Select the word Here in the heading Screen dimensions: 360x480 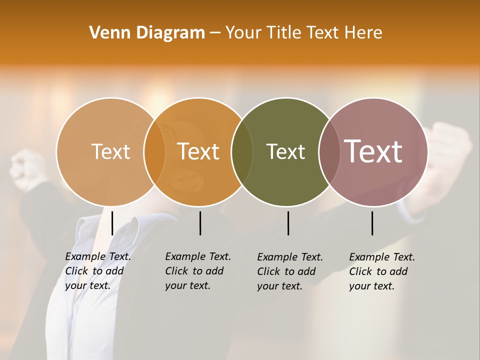364,32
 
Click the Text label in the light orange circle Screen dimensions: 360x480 110,151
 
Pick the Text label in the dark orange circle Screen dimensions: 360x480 198,151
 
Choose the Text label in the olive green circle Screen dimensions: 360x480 285,151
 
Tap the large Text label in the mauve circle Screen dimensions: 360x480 373,151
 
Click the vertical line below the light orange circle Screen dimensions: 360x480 112,223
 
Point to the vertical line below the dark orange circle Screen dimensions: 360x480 200,223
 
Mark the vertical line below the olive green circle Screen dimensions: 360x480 288,223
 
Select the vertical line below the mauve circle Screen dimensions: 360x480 372,223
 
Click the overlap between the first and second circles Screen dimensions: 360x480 154,151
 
